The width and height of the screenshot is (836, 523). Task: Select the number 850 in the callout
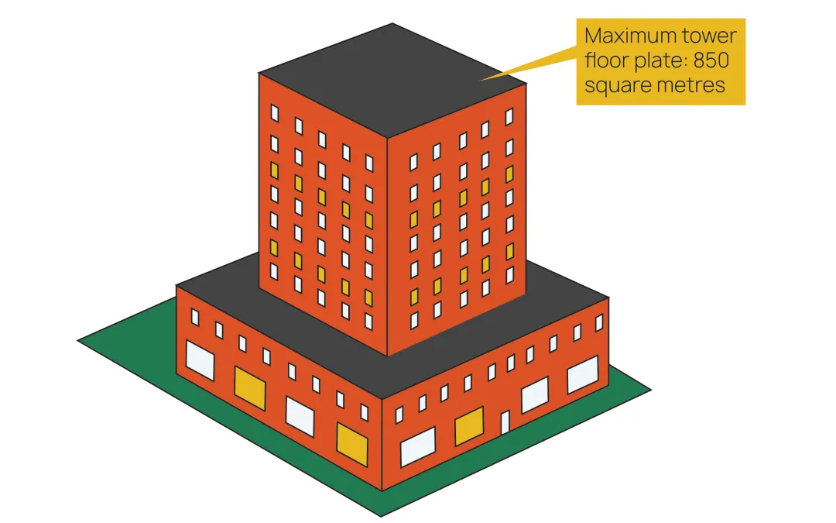(708, 60)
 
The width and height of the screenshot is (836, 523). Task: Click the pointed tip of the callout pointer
(482, 80)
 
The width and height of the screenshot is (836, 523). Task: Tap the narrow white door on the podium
(505, 423)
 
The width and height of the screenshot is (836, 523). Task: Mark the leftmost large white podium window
(200, 360)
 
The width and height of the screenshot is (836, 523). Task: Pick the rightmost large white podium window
(583, 376)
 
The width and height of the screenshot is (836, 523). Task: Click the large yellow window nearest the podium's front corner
(351, 443)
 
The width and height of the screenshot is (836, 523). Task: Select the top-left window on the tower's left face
(274, 113)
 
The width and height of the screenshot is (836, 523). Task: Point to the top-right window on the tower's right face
(509, 116)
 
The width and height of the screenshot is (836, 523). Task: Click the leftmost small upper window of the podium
(195, 318)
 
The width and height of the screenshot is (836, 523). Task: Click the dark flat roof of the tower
(392, 77)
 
